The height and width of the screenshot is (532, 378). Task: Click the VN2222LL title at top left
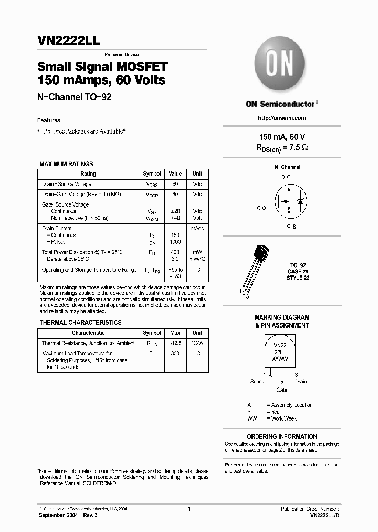click(x=65, y=41)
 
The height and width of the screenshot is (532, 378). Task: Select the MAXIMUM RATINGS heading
click(x=66, y=164)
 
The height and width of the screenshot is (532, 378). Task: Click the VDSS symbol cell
click(x=152, y=185)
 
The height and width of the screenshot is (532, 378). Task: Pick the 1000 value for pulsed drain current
click(x=175, y=242)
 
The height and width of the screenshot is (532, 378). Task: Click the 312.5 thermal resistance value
click(x=175, y=343)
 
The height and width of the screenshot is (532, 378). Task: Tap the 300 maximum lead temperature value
click(x=175, y=354)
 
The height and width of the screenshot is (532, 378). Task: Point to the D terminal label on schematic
click(x=283, y=177)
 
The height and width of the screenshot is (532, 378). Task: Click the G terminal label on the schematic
click(x=259, y=208)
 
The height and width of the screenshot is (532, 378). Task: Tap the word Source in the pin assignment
click(x=258, y=382)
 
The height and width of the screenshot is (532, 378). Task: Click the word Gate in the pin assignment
click(x=282, y=391)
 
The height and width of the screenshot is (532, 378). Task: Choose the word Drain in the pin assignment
click(x=301, y=382)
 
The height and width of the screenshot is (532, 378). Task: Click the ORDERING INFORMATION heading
click(x=282, y=437)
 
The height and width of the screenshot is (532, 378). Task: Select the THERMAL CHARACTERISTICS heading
click(x=80, y=323)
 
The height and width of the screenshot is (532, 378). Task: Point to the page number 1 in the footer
click(x=188, y=509)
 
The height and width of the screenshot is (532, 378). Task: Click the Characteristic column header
click(x=88, y=333)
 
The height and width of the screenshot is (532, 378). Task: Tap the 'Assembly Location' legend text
click(x=291, y=405)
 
